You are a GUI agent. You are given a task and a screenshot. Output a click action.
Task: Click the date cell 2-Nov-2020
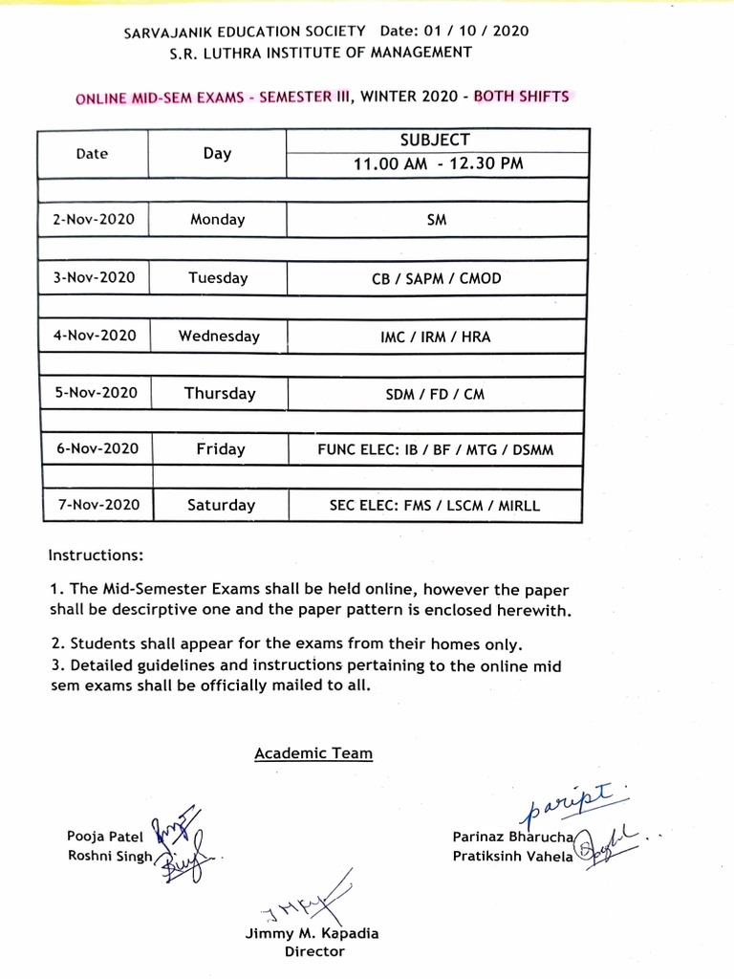[94, 219]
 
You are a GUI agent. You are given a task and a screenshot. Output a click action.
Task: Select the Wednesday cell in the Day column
[218, 337]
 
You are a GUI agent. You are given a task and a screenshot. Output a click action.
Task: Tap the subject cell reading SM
[438, 220]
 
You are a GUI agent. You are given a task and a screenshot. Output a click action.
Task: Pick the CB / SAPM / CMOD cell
[438, 279]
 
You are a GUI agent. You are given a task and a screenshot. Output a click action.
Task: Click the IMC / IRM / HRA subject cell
[438, 337]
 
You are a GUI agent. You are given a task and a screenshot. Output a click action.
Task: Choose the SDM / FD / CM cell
[438, 394]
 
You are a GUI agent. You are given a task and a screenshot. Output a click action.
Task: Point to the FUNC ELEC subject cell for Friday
[438, 449]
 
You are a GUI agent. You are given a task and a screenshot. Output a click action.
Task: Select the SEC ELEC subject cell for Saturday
[438, 506]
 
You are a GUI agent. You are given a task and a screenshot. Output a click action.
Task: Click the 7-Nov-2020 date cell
[94, 505]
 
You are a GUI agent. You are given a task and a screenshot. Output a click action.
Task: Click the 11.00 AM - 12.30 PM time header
[438, 163]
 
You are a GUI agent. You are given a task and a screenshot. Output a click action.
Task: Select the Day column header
[218, 153]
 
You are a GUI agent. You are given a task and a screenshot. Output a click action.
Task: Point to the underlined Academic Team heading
[313, 753]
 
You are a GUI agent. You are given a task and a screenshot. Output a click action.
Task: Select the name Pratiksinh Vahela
[512, 856]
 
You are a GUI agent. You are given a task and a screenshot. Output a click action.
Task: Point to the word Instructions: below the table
[96, 555]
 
